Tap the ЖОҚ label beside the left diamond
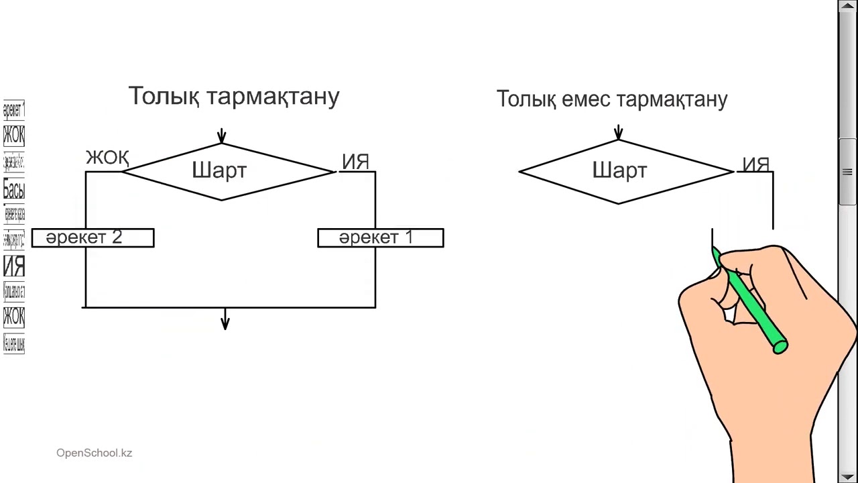click(107, 158)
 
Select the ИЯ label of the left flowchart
click(355, 162)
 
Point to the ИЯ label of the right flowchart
click(755, 165)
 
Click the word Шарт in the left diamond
click(219, 171)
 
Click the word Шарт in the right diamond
click(619, 171)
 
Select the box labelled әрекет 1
click(380, 238)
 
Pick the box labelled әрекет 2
click(93, 238)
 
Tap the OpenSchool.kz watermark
click(94, 453)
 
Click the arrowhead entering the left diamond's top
click(222, 138)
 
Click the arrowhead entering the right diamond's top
click(619, 134)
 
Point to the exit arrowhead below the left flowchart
click(225, 325)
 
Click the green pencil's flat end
click(780, 347)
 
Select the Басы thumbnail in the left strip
click(13, 189)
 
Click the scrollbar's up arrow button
click(848, 6)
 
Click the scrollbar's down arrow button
click(848, 476)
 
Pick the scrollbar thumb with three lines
click(848, 172)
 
